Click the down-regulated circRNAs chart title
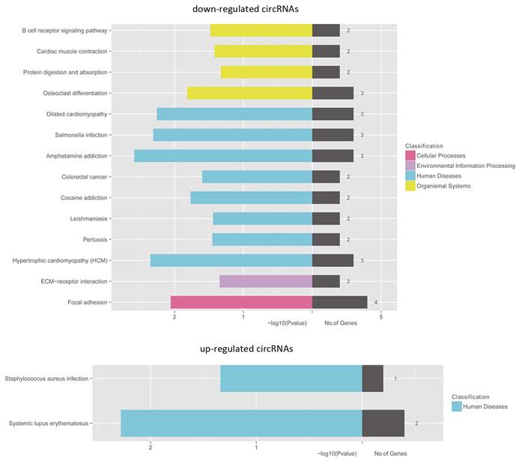(258, 8)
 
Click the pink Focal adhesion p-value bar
(241, 302)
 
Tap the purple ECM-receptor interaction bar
(265, 281)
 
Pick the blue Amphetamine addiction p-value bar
(222, 156)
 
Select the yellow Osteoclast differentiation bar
(249, 93)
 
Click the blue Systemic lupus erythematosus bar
(241, 423)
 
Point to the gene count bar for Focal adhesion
(339, 302)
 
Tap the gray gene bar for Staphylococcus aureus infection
(372, 379)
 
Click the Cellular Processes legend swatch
(410, 155)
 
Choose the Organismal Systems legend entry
(443, 186)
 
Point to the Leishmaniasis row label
(85, 219)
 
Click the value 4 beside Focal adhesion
(375, 302)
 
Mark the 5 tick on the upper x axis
(381, 316)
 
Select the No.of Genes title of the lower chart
(390, 454)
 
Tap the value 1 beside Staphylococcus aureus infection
(395, 379)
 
